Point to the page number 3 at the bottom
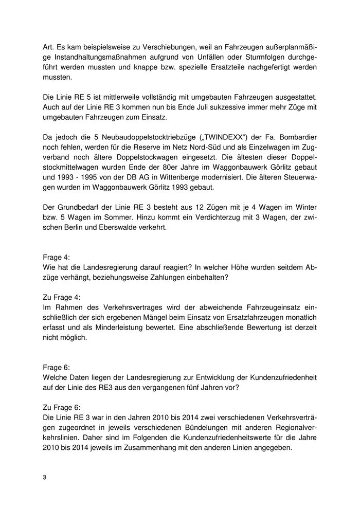pos(45,478)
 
